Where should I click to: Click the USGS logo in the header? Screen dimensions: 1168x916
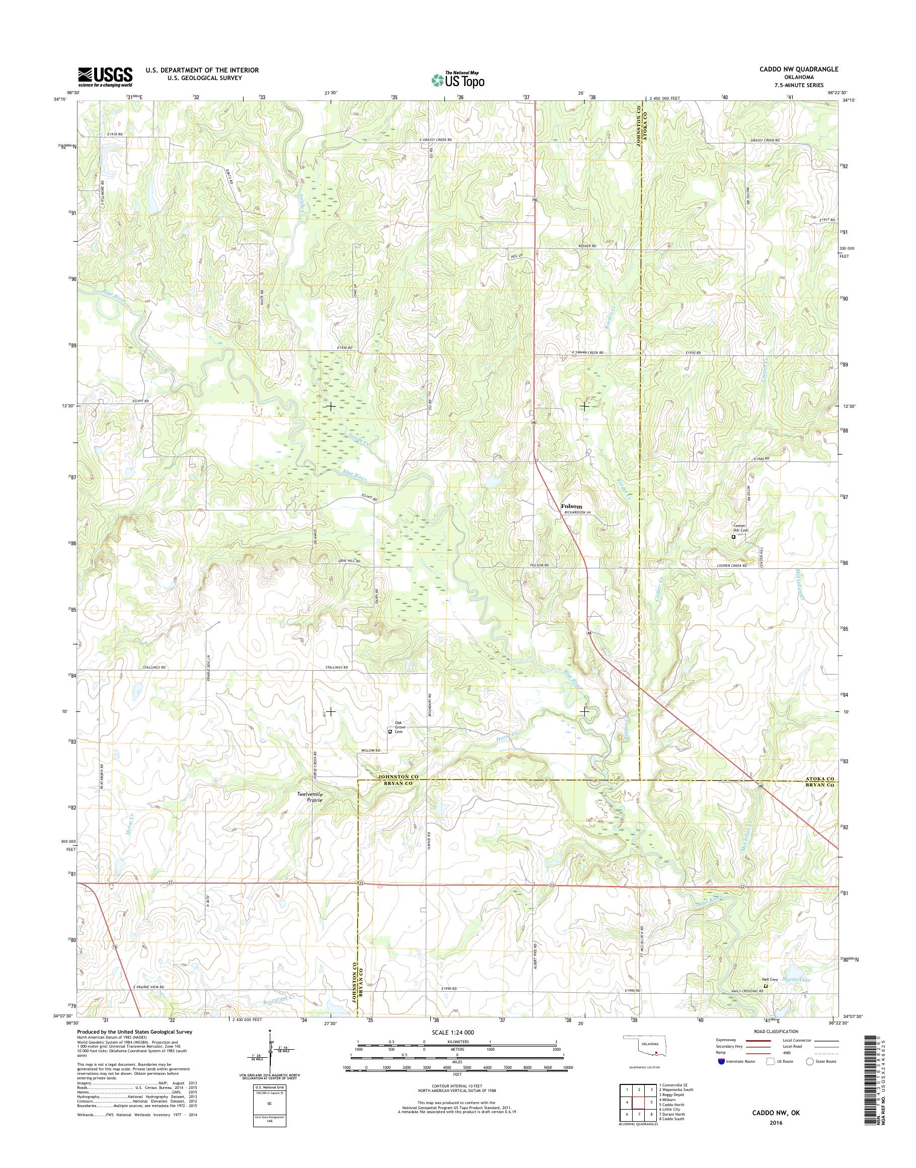(x=105, y=77)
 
